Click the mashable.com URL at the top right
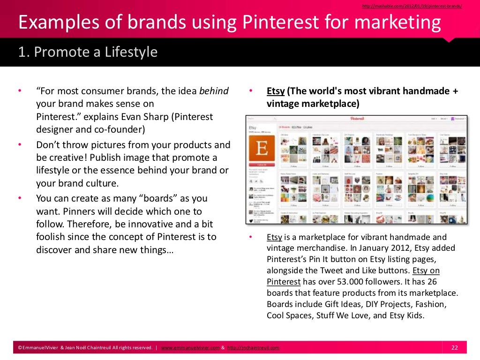pos(412,6)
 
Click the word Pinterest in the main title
pos(284,23)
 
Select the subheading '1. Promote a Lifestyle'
pos(88,52)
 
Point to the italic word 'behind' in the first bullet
pos(214,91)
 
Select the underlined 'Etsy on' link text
pos(426,270)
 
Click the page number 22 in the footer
pos(454,347)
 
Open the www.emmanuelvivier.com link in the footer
pos(190,348)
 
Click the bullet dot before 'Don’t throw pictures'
pos(20,145)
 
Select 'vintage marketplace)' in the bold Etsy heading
pos(313,103)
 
